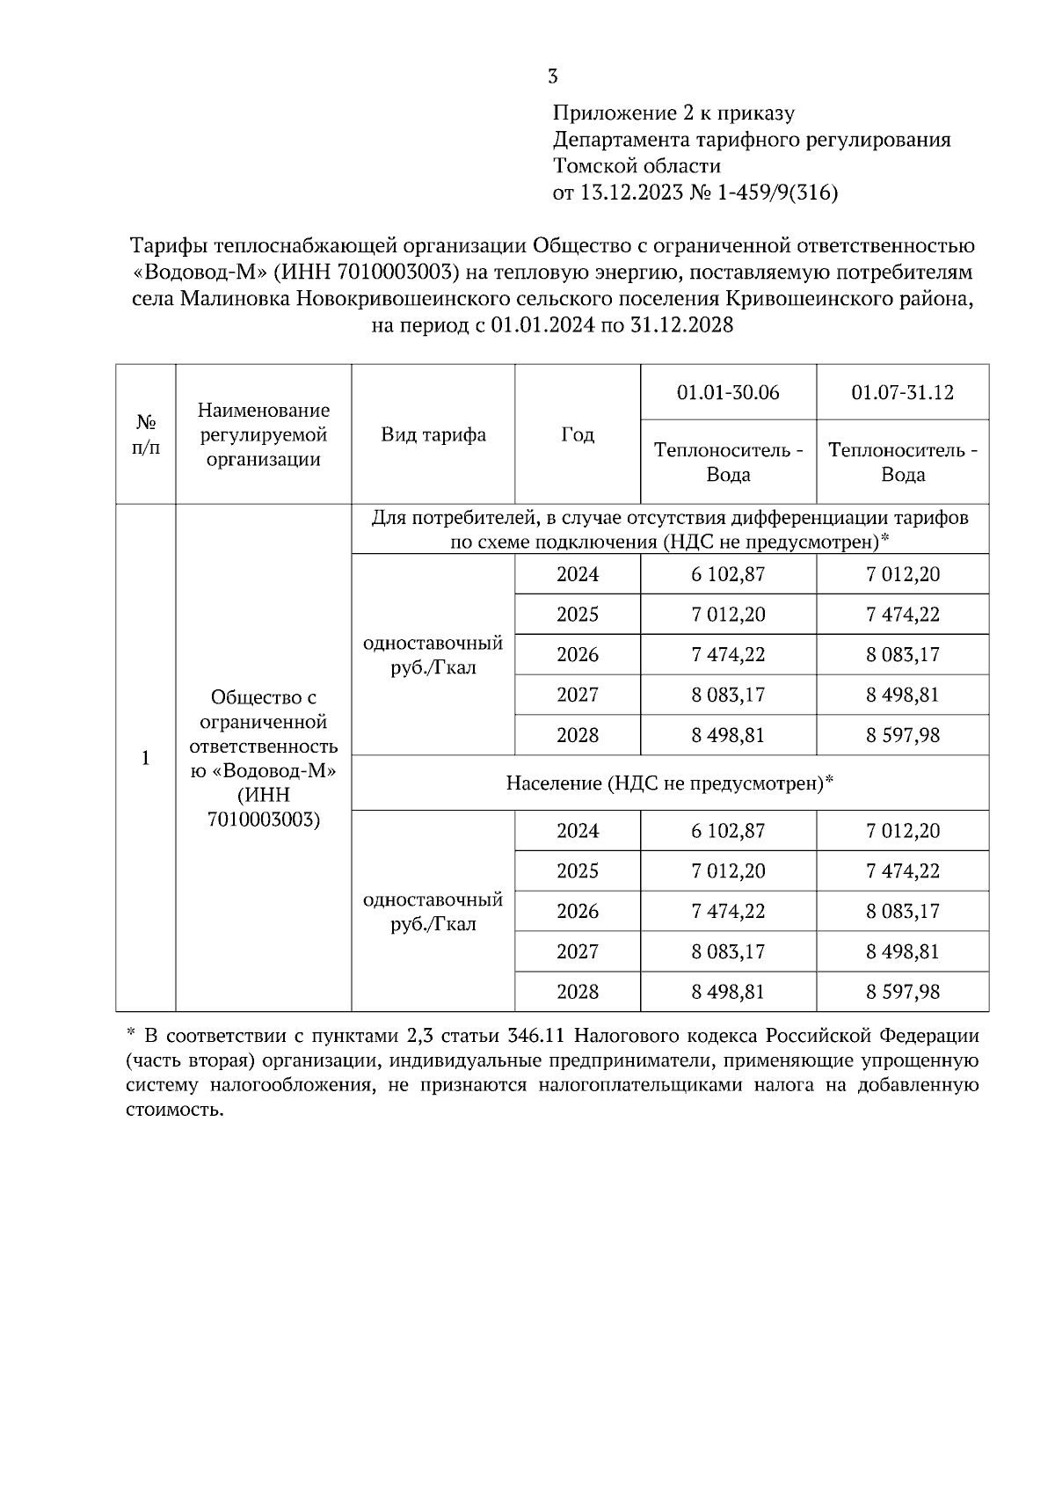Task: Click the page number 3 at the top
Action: click(x=552, y=76)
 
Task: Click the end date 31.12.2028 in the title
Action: click(x=682, y=325)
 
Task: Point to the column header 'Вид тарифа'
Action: click(x=433, y=435)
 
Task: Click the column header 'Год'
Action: click(x=577, y=435)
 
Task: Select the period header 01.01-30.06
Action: click(x=728, y=392)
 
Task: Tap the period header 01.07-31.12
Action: click(x=902, y=392)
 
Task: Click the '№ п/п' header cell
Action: click(x=146, y=434)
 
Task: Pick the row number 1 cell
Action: click(x=146, y=758)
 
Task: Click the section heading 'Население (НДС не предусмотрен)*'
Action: click(x=669, y=783)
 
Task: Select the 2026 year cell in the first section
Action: click(x=577, y=655)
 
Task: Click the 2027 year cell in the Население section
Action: click(x=577, y=951)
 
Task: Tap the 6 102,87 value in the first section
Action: click(x=728, y=575)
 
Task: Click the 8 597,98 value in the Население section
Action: click(x=902, y=992)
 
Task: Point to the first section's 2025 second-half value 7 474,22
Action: click(x=902, y=615)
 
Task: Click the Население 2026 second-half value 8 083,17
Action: click(x=902, y=911)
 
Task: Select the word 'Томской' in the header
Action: click(x=595, y=166)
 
